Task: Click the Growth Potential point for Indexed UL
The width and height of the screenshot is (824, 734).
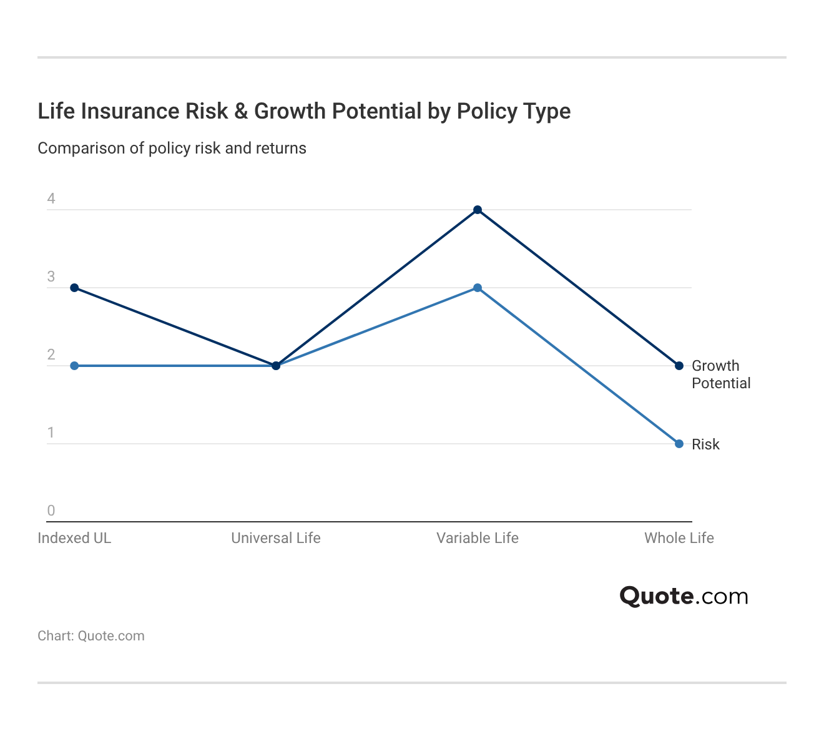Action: pos(74,288)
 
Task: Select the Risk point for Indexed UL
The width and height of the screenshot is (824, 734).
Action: pos(74,366)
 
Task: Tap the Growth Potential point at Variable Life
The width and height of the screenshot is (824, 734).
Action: pos(478,210)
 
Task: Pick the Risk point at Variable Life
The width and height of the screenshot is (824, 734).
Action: pos(478,288)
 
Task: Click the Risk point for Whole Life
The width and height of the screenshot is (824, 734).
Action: pos(679,444)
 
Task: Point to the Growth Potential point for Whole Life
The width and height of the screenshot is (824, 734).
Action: pos(679,366)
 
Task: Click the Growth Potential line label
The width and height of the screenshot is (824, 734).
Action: pos(720,374)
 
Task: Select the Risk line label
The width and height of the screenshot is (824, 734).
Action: pos(705,444)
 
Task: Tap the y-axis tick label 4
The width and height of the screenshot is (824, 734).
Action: pos(51,198)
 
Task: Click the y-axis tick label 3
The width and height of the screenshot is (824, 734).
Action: pos(51,276)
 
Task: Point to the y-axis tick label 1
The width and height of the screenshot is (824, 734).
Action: pos(51,433)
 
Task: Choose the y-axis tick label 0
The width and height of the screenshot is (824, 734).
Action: pos(51,511)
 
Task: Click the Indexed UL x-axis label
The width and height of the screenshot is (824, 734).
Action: pos(74,538)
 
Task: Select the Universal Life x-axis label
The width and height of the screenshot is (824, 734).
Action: pos(276,538)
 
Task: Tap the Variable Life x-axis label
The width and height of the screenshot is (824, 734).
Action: pos(478,538)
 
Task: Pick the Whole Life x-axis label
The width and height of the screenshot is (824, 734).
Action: pos(679,538)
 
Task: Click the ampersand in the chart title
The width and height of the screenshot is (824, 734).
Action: pos(241,111)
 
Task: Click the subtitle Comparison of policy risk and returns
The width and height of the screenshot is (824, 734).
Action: pos(172,148)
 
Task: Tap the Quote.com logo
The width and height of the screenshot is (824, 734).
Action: pos(684,596)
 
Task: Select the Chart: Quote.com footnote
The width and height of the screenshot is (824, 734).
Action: pos(91,635)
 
